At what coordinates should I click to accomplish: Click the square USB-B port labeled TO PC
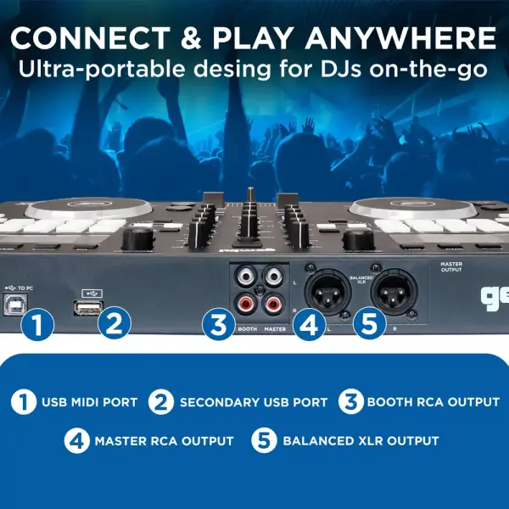[x=15, y=304]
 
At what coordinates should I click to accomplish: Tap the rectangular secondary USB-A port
[x=88, y=308]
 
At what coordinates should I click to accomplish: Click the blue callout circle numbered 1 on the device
[x=37, y=324]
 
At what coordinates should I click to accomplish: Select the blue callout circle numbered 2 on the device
[x=115, y=323]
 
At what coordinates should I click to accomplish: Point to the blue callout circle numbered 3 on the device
[x=219, y=324]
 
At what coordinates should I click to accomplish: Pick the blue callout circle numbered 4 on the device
[x=310, y=324]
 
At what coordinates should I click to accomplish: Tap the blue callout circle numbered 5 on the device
[x=370, y=323]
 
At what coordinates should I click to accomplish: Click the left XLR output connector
[x=327, y=290]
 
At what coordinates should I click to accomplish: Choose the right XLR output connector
[x=394, y=291]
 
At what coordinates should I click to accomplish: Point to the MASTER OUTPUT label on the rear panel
[x=451, y=267]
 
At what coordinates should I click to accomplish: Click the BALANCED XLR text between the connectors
[x=361, y=280]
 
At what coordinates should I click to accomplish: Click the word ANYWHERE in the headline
[x=400, y=38]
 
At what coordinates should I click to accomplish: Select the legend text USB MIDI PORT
[x=90, y=402]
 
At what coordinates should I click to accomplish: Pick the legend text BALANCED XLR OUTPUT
[x=361, y=441]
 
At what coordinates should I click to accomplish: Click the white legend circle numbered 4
[x=77, y=441]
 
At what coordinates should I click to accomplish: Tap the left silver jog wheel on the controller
[x=89, y=207]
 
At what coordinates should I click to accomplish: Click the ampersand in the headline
[x=191, y=38]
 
